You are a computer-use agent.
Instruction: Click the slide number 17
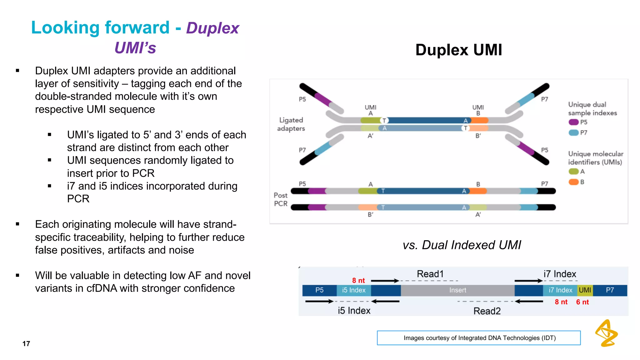[x=26, y=344]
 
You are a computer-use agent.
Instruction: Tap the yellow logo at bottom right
[x=606, y=333]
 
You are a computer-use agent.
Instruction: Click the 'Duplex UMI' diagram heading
[x=458, y=50]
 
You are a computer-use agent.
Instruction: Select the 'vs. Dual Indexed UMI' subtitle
[x=462, y=245]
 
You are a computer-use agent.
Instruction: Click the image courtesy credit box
[x=479, y=338]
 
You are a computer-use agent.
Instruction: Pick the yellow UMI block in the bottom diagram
[x=585, y=290]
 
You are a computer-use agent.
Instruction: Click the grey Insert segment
[x=457, y=290]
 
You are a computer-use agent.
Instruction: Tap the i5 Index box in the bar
[x=353, y=290]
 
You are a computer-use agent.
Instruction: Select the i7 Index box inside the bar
[x=560, y=290]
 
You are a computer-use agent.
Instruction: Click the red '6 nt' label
[x=582, y=302]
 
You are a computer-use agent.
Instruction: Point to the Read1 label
[x=430, y=274]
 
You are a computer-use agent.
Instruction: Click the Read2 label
[x=487, y=311]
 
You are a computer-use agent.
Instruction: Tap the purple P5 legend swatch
[x=573, y=122]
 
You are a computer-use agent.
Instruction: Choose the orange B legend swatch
[x=573, y=182]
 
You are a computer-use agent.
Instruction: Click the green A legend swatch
[x=573, y=171]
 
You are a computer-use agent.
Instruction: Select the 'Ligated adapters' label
[x=291, y=124]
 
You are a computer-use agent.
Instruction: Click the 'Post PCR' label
[x=280, y=199]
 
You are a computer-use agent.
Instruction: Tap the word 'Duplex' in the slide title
[x=212, y=28]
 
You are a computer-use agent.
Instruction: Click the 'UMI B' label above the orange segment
[x=478, y=110]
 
